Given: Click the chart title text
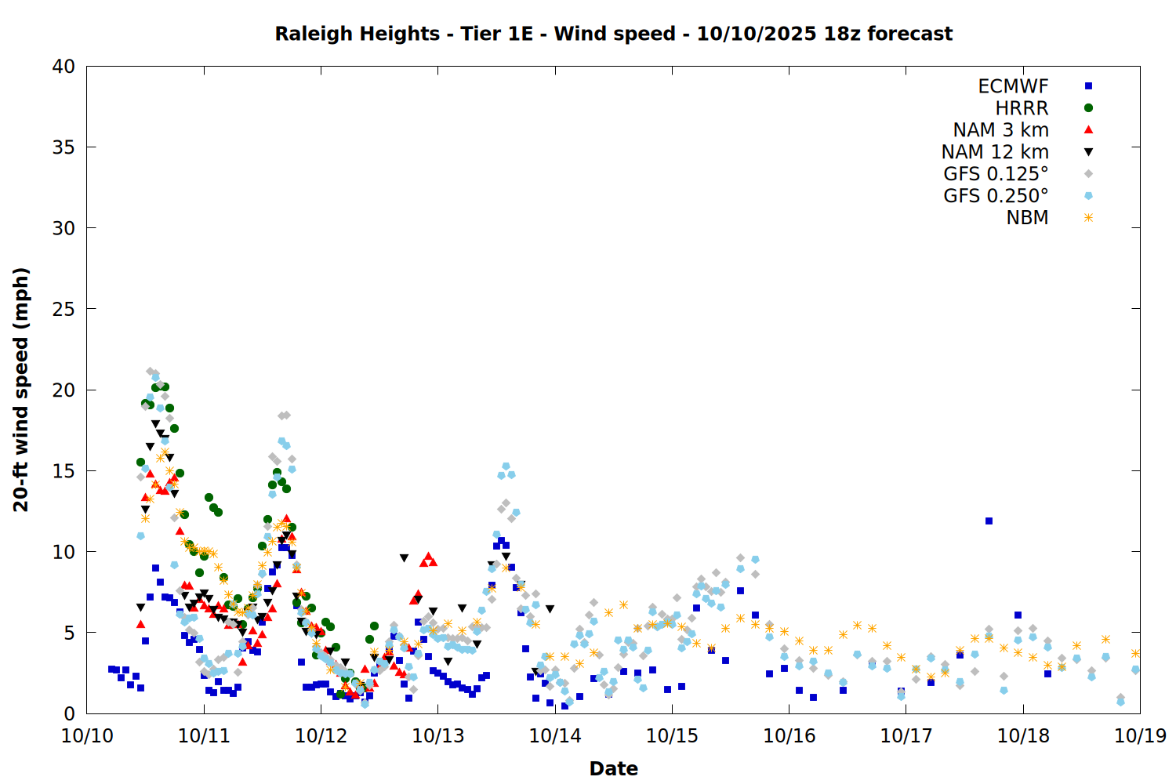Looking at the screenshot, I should tap(613, 34).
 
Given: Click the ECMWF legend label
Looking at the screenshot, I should tap(1013, 86).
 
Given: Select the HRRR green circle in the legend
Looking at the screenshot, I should tap(1088, 108).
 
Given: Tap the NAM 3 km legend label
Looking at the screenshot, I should tap(1000, 130).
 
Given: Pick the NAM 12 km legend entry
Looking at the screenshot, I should tap(995, 152).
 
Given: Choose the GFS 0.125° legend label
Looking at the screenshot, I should tap(996, 174).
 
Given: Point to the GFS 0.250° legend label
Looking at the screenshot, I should tap(996, 196).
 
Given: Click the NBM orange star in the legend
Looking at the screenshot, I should tap(1088, 218).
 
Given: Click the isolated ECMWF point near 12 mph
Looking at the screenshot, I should tap(989, 521).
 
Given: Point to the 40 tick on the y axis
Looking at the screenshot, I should tap(64, 67).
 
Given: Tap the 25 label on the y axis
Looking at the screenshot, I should tap(64, 309).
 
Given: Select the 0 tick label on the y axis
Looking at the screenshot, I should tap(69, 713).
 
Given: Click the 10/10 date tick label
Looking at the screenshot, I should tap(87, 736).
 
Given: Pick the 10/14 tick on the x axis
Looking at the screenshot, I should tap(555, 736).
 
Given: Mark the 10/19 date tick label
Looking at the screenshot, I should tap(1140, 736).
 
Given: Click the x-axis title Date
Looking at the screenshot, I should tap(613, 768).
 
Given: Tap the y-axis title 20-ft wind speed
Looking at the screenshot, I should tap(21, 390).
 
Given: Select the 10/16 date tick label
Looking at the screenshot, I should tap(789, 736).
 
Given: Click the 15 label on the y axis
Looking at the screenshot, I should tap(64, 470).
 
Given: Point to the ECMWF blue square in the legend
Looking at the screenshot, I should tap(1088, 86).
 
